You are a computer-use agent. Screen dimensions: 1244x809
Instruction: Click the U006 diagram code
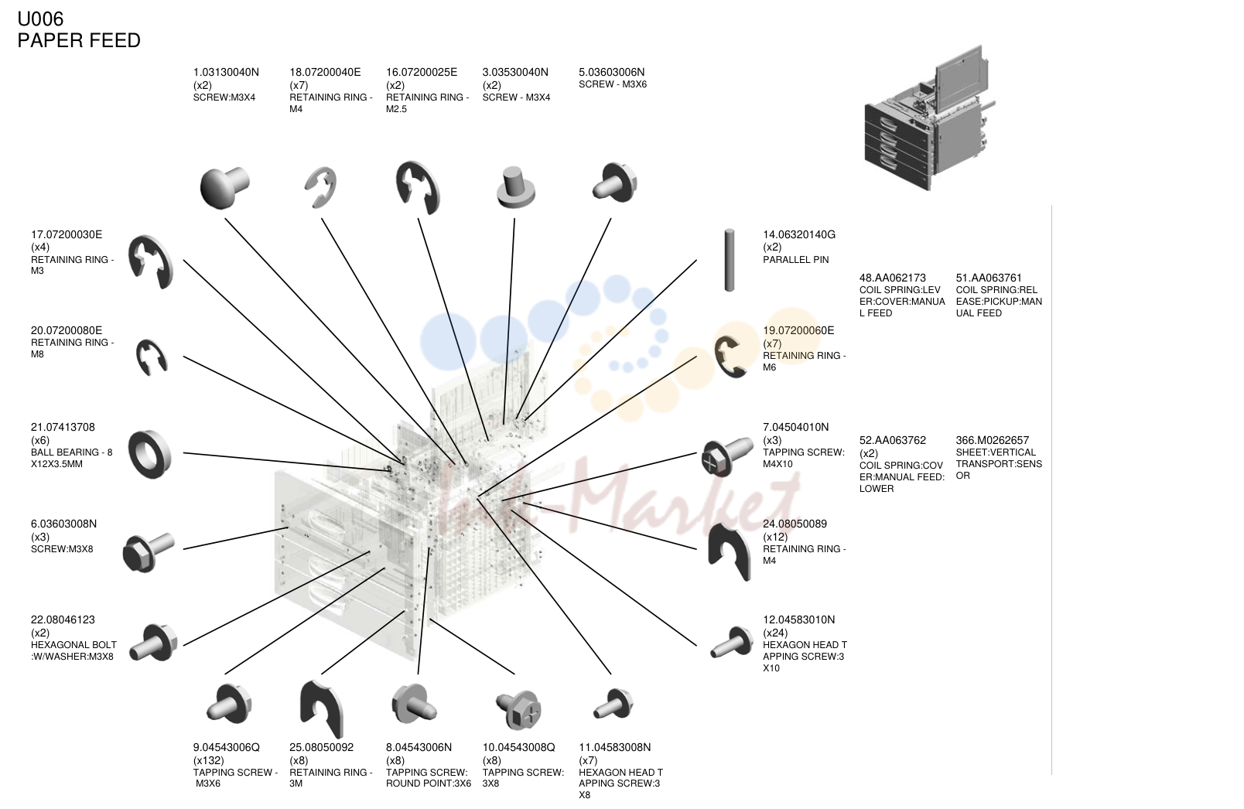pyautogui.click(x=40, y=19)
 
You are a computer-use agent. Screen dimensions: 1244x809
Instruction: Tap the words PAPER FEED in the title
pyautogui.click(x=79, y=40)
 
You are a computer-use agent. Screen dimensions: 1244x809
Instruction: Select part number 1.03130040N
pyautogui.click(x=226, y=72)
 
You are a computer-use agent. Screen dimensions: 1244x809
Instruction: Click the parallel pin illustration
pyautogui.click(x=730, y=260)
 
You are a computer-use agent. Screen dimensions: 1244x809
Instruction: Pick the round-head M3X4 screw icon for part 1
pyautogui.click(x=224, y=188)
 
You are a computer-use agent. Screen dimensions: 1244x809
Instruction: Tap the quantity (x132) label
pyautogui.click(x=208, y=760)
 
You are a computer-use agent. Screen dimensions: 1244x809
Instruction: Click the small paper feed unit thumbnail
pyautogui.click(x=929, y=118)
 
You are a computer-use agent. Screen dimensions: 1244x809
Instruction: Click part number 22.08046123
pyautogui.click(x=63, y=620)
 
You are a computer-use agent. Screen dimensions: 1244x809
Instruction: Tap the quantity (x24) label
pyautogui.click(x=775, y=633)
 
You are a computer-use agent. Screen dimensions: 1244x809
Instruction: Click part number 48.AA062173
pyautogui.click(x=893, y=278)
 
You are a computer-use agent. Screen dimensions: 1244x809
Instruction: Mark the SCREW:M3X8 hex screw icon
pyautogui.click(x=149, y=552)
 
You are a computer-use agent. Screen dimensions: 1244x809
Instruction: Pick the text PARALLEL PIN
pyautogui.click(x=795, y=260)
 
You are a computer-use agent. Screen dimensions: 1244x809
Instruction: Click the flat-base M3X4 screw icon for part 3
pyautogui.click(x=515, y=188)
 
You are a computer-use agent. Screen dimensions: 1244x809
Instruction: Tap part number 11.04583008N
pyautogui.click(x=615, y=747)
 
